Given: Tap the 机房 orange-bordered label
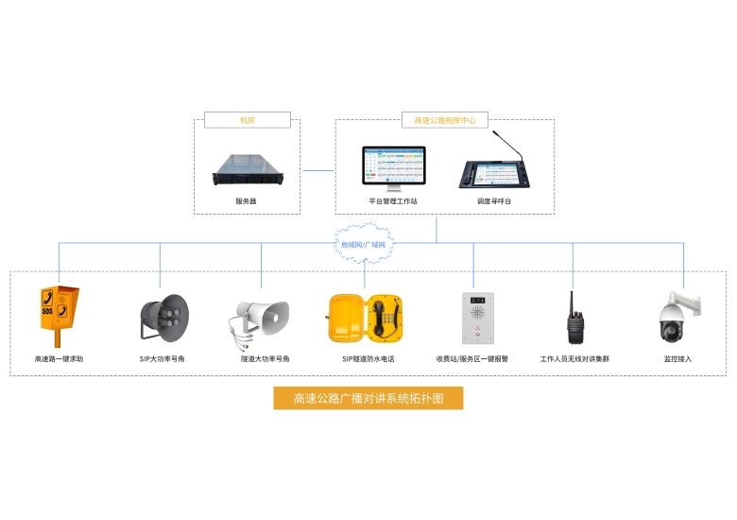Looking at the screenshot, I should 247,120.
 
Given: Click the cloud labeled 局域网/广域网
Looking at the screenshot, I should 364,243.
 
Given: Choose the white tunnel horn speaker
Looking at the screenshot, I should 260,319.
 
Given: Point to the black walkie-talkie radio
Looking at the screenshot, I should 574,320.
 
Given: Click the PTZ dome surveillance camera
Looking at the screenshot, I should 677,318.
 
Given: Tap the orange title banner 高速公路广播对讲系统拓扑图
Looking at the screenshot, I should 368,398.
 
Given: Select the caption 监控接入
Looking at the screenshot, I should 677,359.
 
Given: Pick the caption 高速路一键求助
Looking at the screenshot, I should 59,359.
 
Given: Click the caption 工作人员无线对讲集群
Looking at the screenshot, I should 574,359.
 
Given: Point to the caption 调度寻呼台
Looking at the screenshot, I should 493,201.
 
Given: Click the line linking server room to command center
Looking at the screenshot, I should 317,170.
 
